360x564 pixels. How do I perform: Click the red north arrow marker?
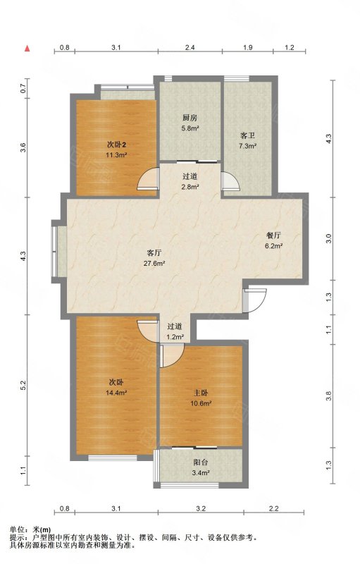tap(27, 49)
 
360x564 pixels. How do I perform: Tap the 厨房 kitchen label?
tap(190, 118)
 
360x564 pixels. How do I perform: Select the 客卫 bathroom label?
tap(247, 136)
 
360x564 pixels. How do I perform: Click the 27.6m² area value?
tap(154, 263)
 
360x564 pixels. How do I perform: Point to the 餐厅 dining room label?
tap(273, 236)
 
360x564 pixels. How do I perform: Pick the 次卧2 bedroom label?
tap(116, 145)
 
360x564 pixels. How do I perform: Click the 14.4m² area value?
tap(116, 393)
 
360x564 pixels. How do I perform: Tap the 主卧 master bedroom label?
tap(200, 393)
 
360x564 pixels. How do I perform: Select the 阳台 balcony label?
tap(201, 462)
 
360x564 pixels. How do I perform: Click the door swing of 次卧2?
tap(148, 178)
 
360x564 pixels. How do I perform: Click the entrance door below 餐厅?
tap(254, 300)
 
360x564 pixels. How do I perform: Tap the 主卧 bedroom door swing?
tap(172, 356)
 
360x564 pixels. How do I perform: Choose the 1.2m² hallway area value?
tap(175, 338)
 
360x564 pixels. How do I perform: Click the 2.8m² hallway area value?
tap(190, 187)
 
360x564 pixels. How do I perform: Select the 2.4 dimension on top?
tap(190, 47)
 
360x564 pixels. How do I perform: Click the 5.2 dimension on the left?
tap(23, 385)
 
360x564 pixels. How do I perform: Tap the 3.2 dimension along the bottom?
tap(201, 508)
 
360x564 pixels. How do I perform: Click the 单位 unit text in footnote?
tap(17, 529)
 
